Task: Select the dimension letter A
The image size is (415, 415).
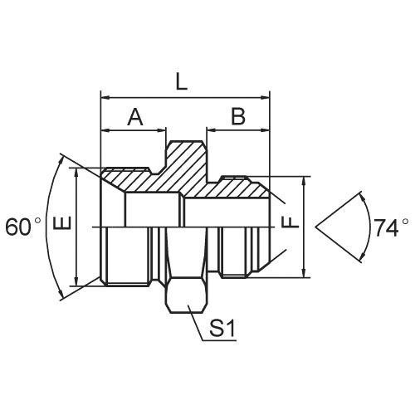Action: pyautogui.click(x=134, y=118)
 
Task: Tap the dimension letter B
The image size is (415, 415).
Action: pyautogui.click(x=238, y=117)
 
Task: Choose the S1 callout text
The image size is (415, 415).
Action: pyautogui.click(x=222, y=330)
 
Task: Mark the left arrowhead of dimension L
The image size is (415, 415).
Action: pyautogui.click(x=105, y=97)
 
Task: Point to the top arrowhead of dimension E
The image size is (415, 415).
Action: pyautogui.click(x=76, y=171)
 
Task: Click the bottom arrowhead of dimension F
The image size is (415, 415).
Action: pyautogui.click(x=304, y=272)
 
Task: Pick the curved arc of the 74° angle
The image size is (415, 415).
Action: pyautogui.click(x=369, y=226)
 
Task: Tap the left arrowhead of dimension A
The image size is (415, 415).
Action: pyautogui.click(x=105, y=129)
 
